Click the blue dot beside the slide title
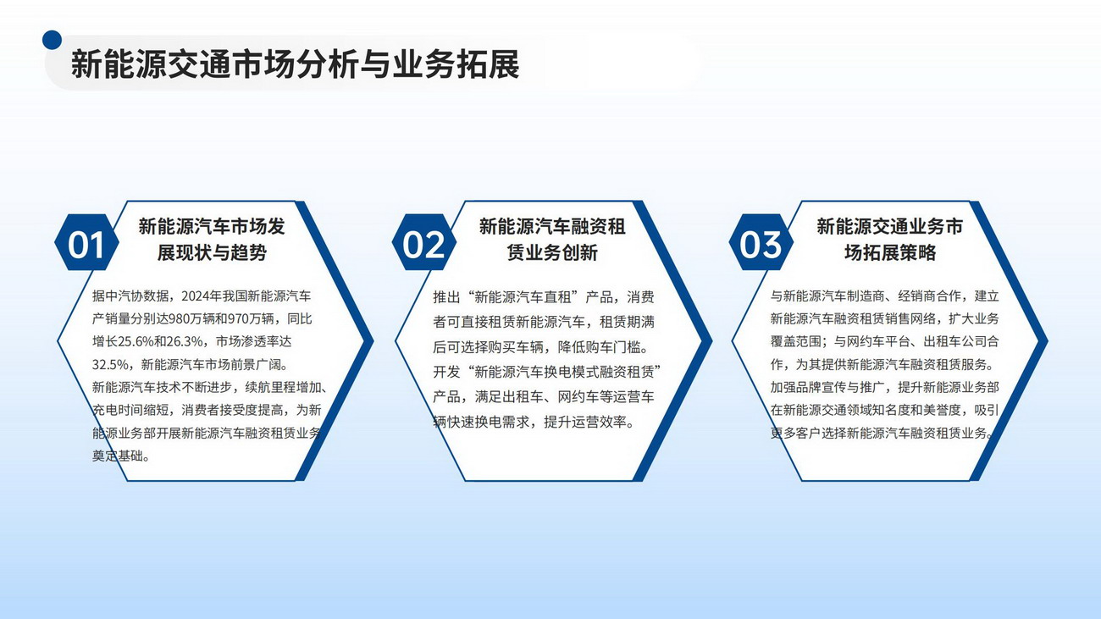tap(52, 41)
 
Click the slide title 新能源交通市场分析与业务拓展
tap(296, 64)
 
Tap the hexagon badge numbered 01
tap(86, 242)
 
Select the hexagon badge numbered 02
tap(423, 242)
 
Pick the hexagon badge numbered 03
tap(761, 242)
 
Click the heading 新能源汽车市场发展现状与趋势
tap(212, 240)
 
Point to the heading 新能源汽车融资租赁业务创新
tap(552, 240)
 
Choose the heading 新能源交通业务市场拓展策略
tap(889, 240)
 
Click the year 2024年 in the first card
tap(202, 296)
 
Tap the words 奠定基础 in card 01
tap(118, 456)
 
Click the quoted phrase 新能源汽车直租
tap(523, 297)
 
